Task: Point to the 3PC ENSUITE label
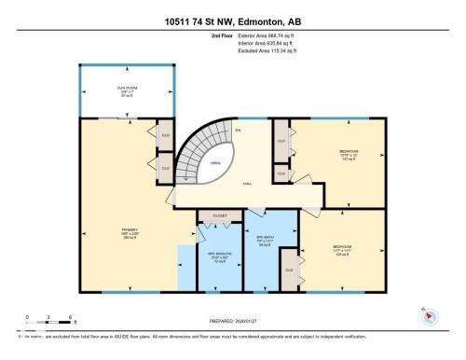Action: pyautogui.click(x=218, y=253)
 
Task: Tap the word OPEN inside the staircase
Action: pyautogui.click(x=214, y=161)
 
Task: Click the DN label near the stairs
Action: pyautogui.click(x=238, y=129)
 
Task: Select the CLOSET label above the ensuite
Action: pyautogui.click(x=219, y=215)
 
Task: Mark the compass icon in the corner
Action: pyautogui.click(x=431, y=315)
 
